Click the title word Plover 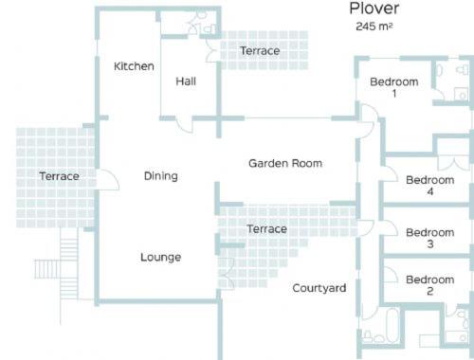[x=374, y=9]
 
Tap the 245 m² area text [x=374, y=27]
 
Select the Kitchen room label [x=134, y=66]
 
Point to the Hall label [x=186, y=81]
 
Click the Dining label [x=161, y=176]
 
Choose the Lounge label [x=161, y=257]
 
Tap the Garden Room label [x=285, y=163]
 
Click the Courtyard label [x=319, y=288]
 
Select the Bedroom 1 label [x=394, y=87]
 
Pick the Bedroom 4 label [x=430, y=186]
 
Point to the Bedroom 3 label [x=430, y=238]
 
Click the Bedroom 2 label [x=430, y=285]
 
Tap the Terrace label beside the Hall [x=260, y=51]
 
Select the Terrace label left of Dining [x=59, y=176]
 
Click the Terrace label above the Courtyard [x=267, y=229]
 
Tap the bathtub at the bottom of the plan [x=393, y=325]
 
